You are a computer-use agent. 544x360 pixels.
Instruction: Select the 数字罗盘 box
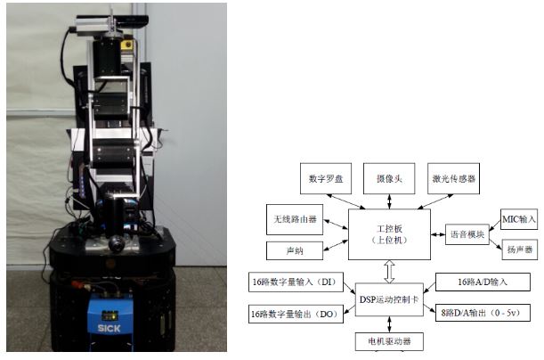tap(326, 178)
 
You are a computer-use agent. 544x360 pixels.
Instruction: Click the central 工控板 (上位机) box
tap(388, 234)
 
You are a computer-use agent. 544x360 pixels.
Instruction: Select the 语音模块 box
tap(467, 235)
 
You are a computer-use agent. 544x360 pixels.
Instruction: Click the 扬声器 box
tap(520, 250)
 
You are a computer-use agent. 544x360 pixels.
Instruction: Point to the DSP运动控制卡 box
tap(388, 296)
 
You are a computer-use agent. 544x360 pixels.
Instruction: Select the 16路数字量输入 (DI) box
tap(295, 283)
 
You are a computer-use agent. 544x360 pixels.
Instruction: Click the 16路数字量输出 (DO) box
tap(295, 313)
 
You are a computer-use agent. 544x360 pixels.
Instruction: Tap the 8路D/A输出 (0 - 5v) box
tap(484, 313)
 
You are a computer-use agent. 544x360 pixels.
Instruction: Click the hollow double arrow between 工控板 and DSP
tap(388, 268)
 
